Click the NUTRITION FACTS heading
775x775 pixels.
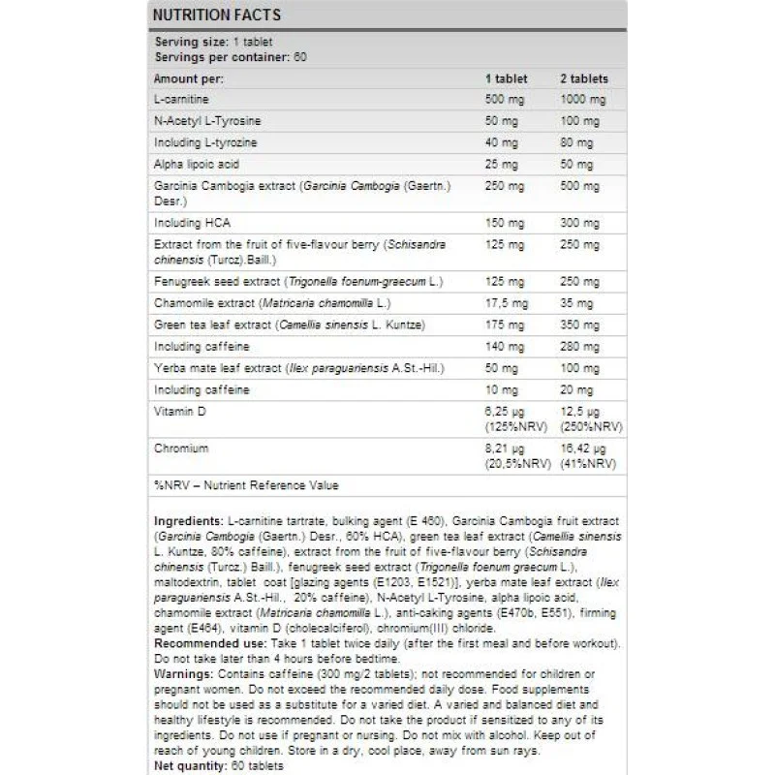[214, 15]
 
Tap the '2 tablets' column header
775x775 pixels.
[583, 77]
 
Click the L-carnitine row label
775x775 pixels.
[181, 99]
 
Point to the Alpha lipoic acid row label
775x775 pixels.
[197, 164]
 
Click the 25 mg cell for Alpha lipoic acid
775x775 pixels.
[502, 164]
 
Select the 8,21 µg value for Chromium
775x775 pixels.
[504, 449]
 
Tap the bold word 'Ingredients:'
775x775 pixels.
[189, 520]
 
